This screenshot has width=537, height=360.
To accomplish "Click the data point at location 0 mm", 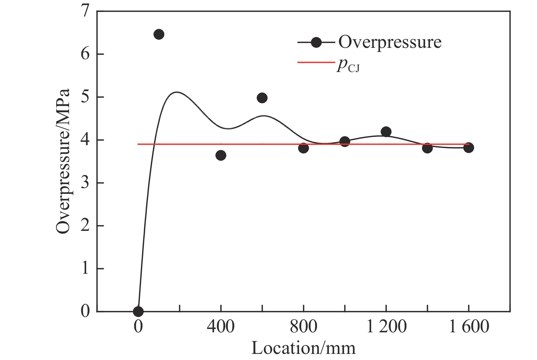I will pyautogui.click(x=138, y=311).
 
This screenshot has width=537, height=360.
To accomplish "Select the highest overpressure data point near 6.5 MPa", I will pyautogui.click(x=159, y=34).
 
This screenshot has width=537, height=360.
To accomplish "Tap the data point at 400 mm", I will pyautogui.click(x=221, y=155).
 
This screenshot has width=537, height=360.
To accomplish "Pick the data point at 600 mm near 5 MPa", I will pyautogui.click(x=262, y=98).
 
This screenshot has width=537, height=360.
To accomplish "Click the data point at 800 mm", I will pyautogui.click(x=303, y=148).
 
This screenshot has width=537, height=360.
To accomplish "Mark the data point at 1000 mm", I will pyautogui.click(x=345, y=142).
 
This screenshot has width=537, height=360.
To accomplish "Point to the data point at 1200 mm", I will pyautogui.click(x=386, y=132).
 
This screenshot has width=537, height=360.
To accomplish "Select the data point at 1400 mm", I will pyautogui.click(x=427, y=148).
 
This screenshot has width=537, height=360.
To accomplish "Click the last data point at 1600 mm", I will pyautogui.click(x=469, y=148).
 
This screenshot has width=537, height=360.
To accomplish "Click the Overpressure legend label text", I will pyautogui.click(x=390, y=43).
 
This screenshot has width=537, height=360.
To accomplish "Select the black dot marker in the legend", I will pyautogui.click(x=316, y=43).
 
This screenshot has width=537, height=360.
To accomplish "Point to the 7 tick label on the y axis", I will pyautogui.click(x=85, y=12).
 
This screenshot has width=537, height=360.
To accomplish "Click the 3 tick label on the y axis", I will pyautogui.click(x=85, y=183).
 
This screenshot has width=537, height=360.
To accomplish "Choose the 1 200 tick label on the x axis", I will pyautogui.click(x=386, y=326).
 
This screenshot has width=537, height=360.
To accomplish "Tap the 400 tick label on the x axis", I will pyautogui.click(x=221, y=326).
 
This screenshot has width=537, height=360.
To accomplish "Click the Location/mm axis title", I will pyautogui.click(x=303, y=348).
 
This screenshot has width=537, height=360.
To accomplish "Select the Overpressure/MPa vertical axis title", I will pyautogui.click(x=63, y=161).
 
